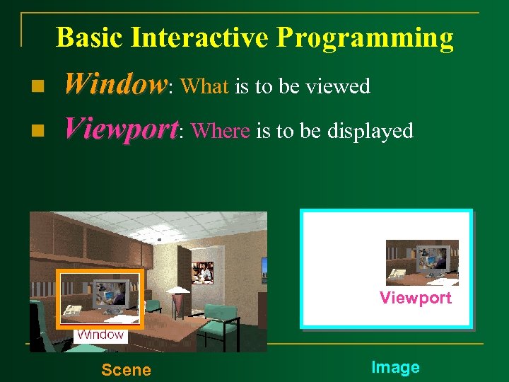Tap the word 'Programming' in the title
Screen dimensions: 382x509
pyautogui.click(x=365, y=38)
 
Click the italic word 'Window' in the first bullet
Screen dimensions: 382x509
pyautogui.click(x=115, y=86)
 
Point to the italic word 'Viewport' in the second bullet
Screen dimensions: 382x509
pyautogui.click(x=121, y=129)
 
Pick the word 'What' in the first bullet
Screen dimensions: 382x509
pyautogui.click(x=204, y=86)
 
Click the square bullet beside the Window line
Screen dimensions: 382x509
pyautogui.click(x=38, y=86)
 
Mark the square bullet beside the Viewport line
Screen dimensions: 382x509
pyautogui.click(x=38, y=130)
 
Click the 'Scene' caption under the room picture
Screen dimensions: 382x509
pyautogui.click(x=126, y=369)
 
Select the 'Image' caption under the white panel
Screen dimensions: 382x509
pyautogui.click(x=395, y=367)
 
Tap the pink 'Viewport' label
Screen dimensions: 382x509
pyautogui.click(x=415, y=298)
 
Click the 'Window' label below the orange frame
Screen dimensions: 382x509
pyautogui.click(x=100, y=335)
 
